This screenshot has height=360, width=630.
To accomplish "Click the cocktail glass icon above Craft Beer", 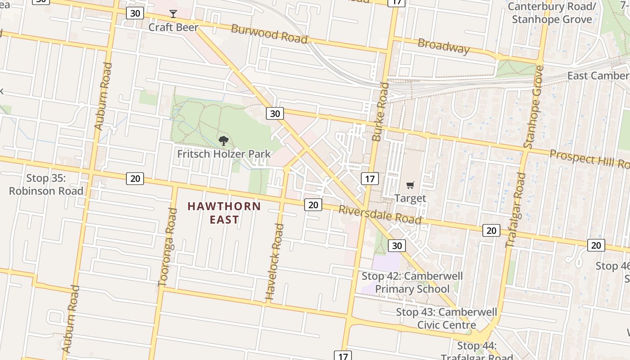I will click(x=173, y=14).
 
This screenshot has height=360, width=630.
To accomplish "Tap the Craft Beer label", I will click(x=173, y=27).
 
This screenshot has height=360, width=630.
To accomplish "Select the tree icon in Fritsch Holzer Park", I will click(x=223, y=141).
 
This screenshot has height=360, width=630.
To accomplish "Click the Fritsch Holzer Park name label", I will click(x=224, y=154).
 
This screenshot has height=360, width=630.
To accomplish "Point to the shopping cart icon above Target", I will click(x=410, y=185).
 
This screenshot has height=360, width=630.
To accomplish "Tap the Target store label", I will click(x=410, y=198).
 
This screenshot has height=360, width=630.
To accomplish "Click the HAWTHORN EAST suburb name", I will click(x=224, y=213).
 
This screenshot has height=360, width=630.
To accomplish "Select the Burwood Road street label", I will click(x=269, y=34).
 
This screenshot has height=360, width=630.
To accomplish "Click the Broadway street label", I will click(x=443, y=46).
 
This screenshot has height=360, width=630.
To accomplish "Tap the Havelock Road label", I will click(x=274, y=262).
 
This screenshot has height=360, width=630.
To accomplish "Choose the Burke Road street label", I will click(x=380, y=112).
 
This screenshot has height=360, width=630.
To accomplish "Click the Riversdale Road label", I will click(x=380, y=215).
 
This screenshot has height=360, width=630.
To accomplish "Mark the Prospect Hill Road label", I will click(x=589, y=158).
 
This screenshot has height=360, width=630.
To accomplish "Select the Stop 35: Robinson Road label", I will click(x=46, y=184).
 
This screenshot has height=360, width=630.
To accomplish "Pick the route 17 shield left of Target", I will click(x=369, y=179).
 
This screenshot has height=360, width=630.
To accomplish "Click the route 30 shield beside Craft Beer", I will click(x=135, y=13).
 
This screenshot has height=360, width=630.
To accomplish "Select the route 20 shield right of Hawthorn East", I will click(x=313, y=205).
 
